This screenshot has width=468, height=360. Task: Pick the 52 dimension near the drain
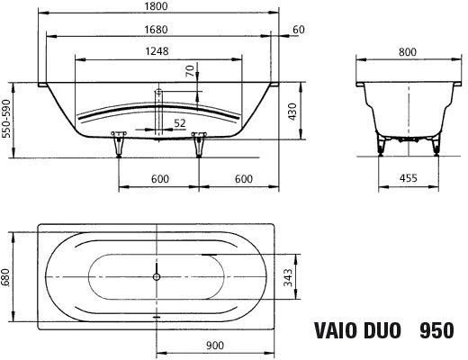pos(180,123)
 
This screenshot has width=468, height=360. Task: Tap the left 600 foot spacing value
pos(160,179)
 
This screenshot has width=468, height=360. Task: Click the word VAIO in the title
pos(332,330)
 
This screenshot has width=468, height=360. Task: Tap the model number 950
pos(439,330)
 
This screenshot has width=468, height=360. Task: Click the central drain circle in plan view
pos(157,276)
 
